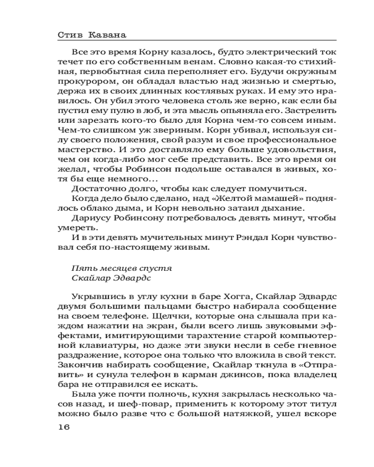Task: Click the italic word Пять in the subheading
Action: (x=80, y=269)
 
